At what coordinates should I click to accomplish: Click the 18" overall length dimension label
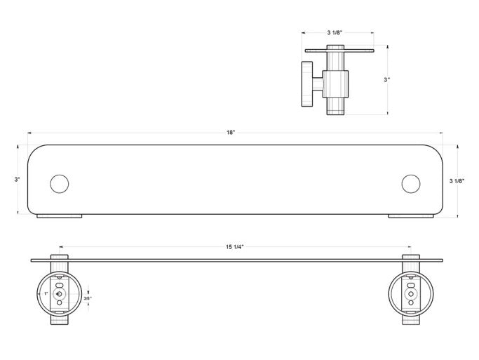(231, 133)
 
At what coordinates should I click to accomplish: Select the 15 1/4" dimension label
(235, 247)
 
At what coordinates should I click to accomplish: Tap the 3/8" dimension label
(88, 298)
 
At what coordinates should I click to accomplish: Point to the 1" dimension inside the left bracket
(46, 293)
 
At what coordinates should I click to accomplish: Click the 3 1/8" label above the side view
(335, 32)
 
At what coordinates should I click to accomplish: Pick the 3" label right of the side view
(387, 80)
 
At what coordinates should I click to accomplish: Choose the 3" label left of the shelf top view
(17, 180)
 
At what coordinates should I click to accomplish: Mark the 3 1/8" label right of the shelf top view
(457, 181)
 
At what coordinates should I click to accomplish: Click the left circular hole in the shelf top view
(60, 184)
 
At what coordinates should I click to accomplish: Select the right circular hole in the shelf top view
(411, 184)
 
